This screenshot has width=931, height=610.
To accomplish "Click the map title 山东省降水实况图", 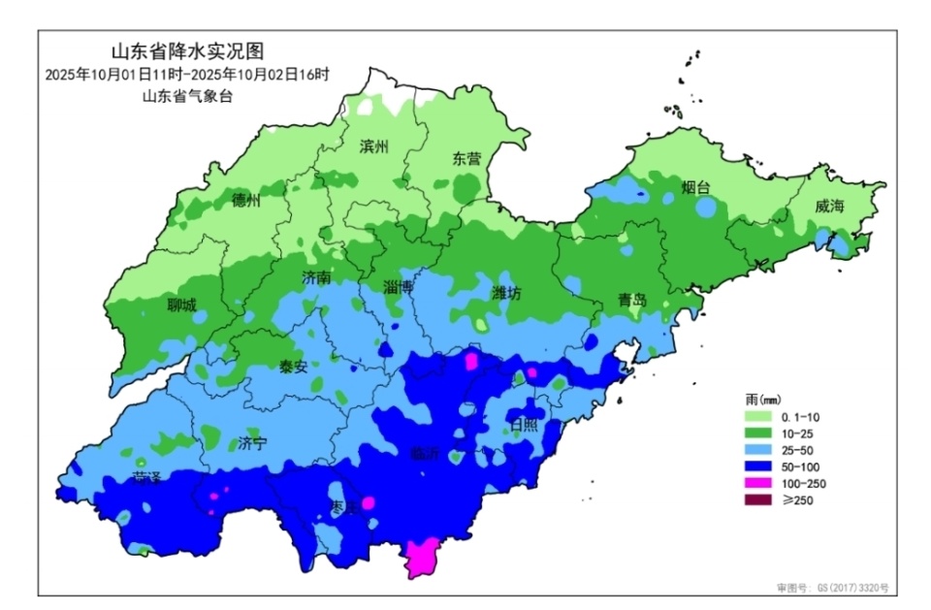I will click(188, 51).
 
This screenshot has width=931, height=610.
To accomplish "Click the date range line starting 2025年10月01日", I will click(187, 74).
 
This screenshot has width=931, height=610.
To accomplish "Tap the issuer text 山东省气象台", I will click(187, 95).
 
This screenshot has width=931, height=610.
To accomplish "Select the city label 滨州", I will click(373, 146).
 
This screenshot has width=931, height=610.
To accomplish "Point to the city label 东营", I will click(465, 158).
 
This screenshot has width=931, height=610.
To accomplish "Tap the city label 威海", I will click(829, 206).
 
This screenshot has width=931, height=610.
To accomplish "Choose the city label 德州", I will click(246, 201).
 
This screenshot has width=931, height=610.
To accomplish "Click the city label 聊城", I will click(181, 305).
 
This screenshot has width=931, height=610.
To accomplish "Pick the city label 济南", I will click(317, 277).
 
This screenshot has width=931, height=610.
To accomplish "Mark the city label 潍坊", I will click(506, 293).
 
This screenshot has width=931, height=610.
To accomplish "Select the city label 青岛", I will click(631, 300).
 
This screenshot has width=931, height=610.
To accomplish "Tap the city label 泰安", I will click(293, 366).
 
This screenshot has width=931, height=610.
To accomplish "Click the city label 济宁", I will click(252, 443).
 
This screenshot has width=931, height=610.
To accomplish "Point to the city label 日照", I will click(523, 424).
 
